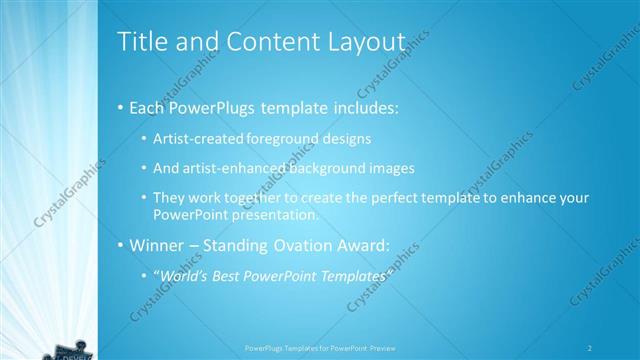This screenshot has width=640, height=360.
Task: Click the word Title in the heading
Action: pyautogui.click(x=142, y=42)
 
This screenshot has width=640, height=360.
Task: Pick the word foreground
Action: pyautogui.click(x=271, y=137)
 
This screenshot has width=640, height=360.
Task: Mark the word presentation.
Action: pyautogui.click(x=277, y=214)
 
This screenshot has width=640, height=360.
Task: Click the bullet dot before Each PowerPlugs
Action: pyautogui.click(x=121, y=105)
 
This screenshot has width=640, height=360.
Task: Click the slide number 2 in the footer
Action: pyautogui.click(x=591, y=348)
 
